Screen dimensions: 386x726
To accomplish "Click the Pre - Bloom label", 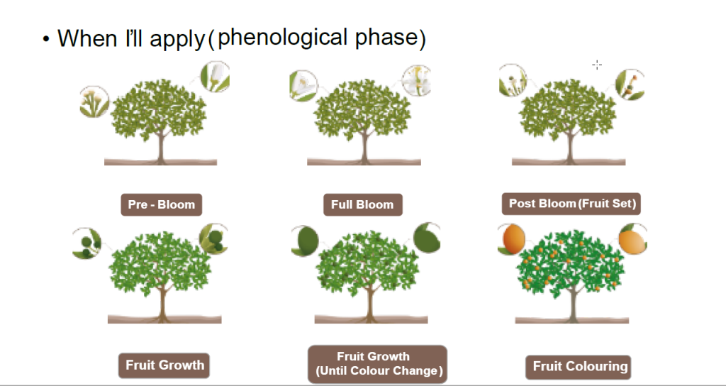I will pyautogui.click(x=161, y=204).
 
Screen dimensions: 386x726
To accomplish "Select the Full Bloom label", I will pyautogui.click(x=362, y=204).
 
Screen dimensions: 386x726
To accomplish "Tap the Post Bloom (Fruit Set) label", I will pyautogui.click(x=572, y=204).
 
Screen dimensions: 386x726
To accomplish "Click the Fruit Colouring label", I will pyautogui.click(x=579, y=367).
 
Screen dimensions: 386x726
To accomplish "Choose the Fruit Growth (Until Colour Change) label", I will pyautogui.click(x=378, y=363).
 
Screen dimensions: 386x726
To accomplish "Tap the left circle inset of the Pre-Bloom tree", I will pyautogui.click(x=94, y=101).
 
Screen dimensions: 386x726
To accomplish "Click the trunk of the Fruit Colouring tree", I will pyautogui.click(x=572, y=302).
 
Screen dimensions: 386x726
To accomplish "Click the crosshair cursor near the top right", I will pyautogui.click(x=597, y=65).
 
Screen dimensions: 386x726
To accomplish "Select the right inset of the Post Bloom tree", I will pyautogui.click(x=629, y=85).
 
